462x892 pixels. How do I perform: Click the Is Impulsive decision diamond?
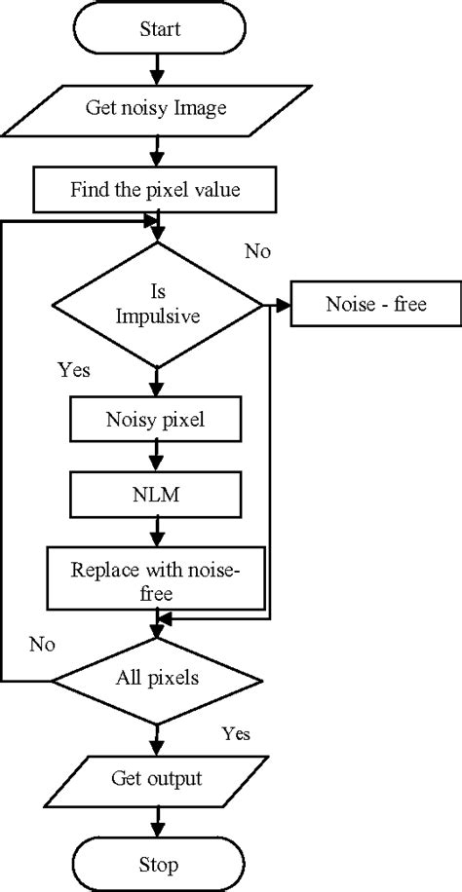coord(155,306)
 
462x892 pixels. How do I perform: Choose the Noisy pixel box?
coord(155,421)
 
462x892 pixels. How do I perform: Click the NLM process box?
coord(155,495)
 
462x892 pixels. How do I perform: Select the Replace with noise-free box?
coord(155,580)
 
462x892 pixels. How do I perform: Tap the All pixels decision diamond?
coord(155,678)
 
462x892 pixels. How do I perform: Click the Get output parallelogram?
coord(155,780)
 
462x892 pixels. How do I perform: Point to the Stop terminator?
coord(155,863)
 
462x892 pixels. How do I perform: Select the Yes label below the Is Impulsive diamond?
coord(74,371)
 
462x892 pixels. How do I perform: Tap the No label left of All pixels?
coord(41,644)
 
